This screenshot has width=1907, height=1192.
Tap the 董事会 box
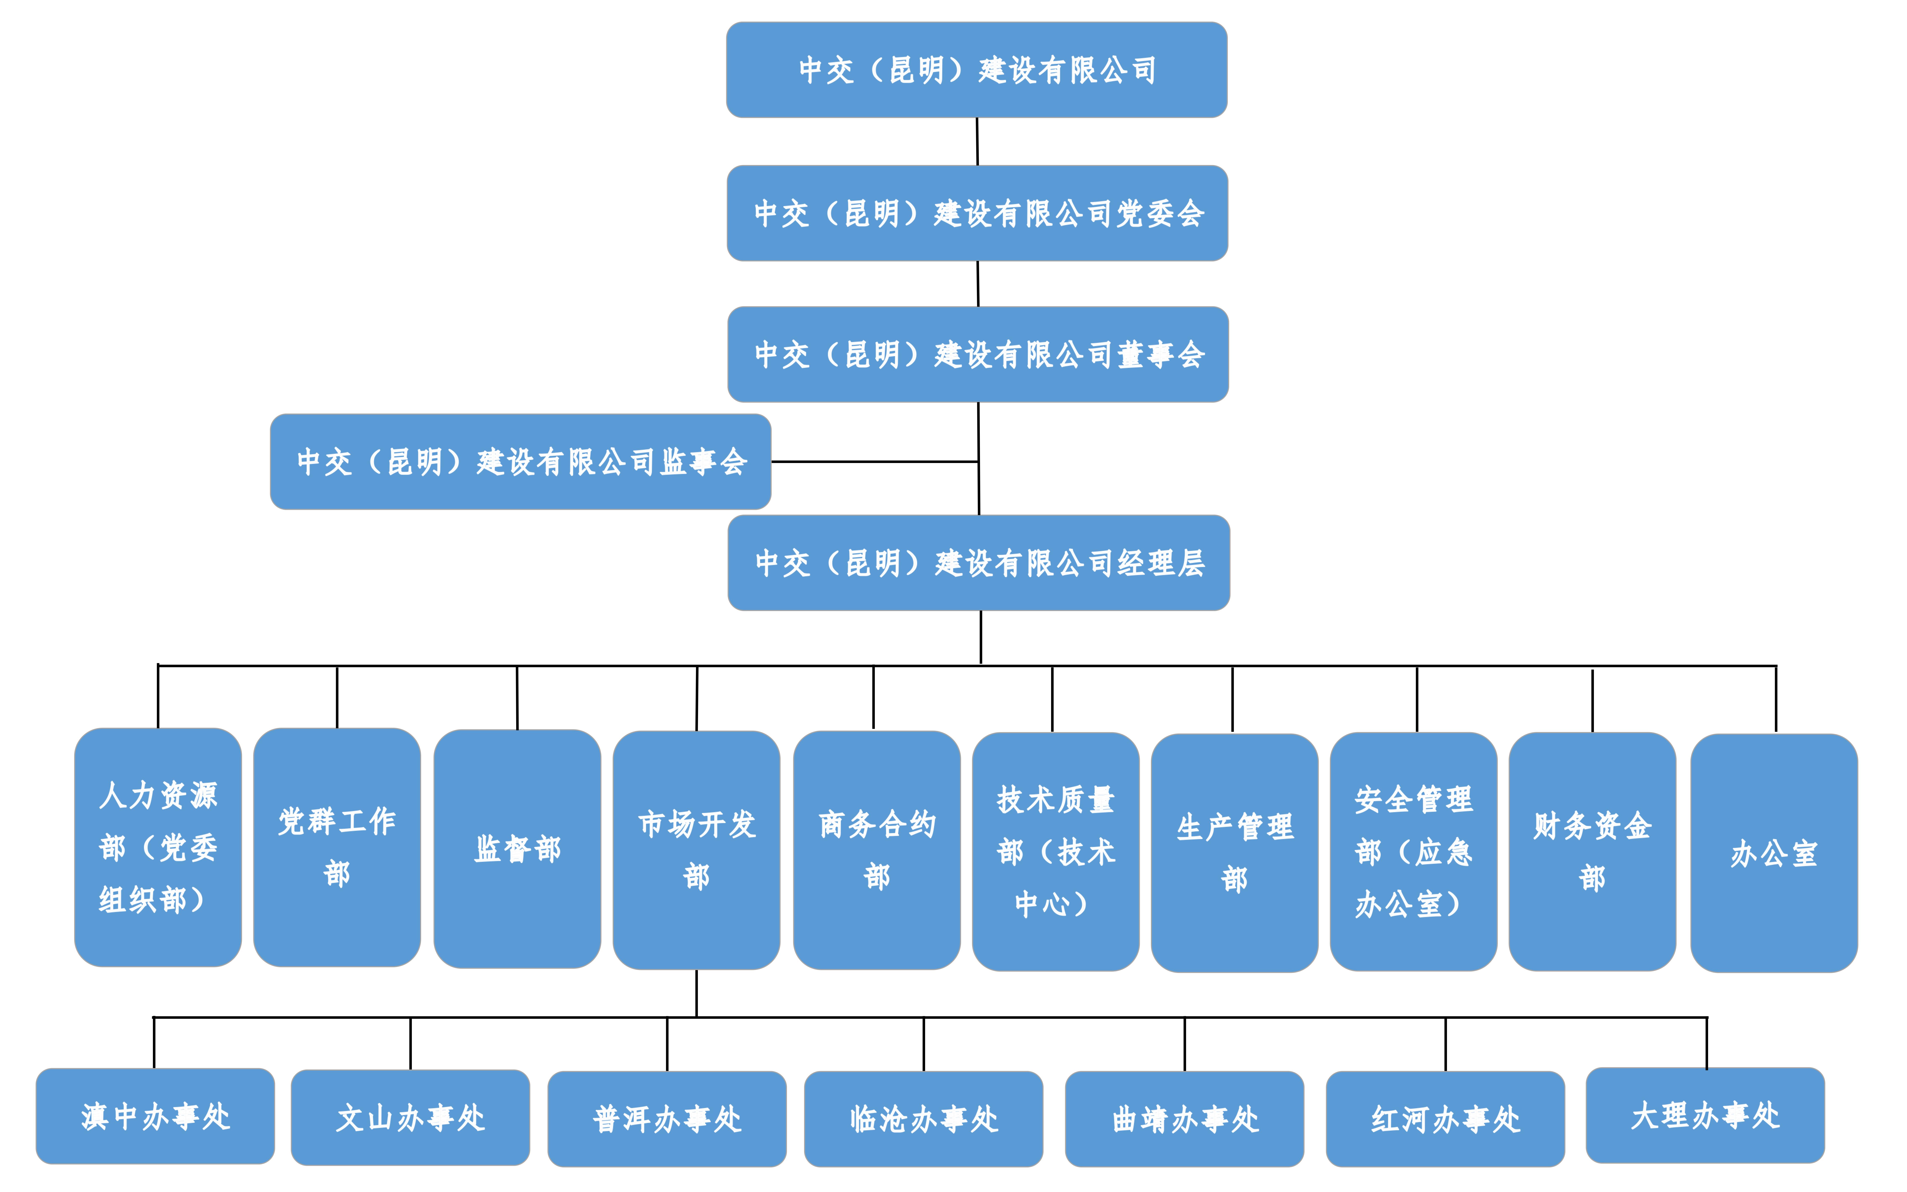point(977,354)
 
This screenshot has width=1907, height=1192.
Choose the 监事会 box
point(520,461)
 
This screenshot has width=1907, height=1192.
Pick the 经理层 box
point(978,562)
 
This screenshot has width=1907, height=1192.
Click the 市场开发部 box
point(696,850)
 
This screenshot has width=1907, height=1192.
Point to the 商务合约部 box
point(877,850)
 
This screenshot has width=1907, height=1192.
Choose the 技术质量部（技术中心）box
point(1056,851)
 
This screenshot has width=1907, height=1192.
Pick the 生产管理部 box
point(1235,852)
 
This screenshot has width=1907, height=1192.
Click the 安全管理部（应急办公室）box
point(1414,851)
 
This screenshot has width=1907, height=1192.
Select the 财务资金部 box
point(1592,851)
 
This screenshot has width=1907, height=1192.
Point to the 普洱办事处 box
point(667,1119)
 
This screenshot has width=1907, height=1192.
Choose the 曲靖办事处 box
point(1184,1119)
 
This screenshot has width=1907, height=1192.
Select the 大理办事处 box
point(1705,1115)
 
